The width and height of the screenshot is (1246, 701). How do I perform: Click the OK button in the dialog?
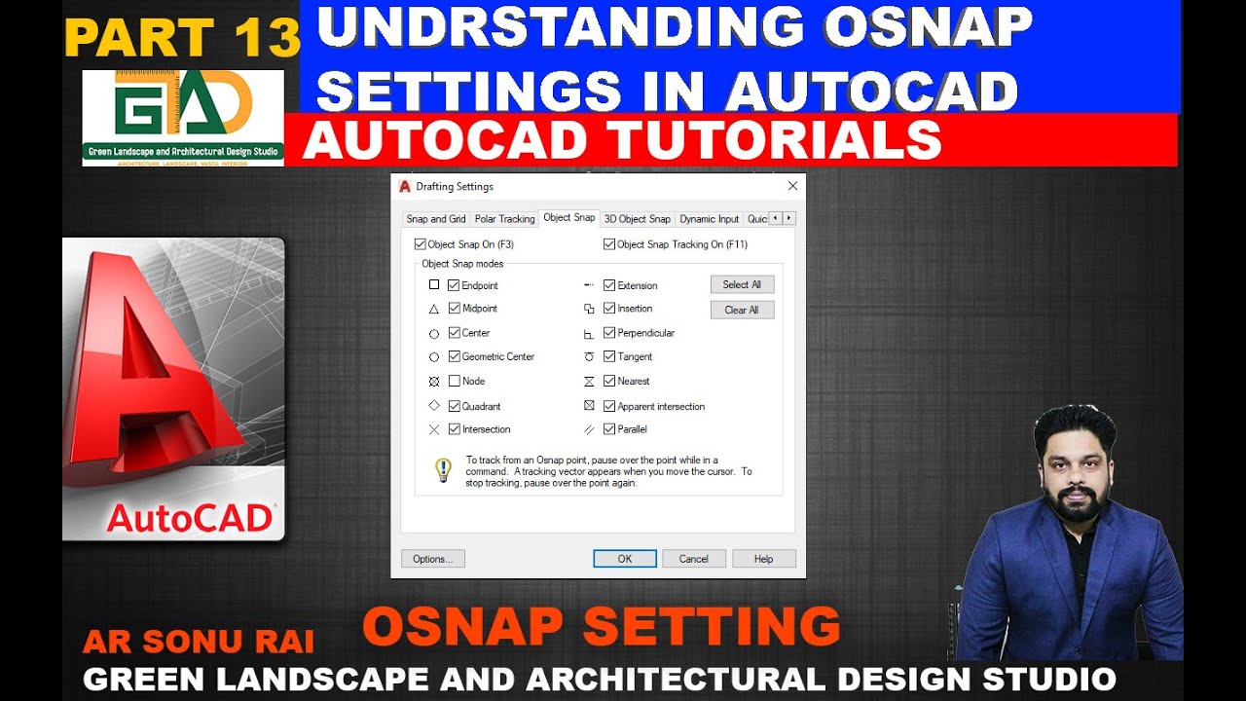(624, 559)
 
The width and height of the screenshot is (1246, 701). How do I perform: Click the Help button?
(763, 559)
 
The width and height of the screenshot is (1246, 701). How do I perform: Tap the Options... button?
(432, 559)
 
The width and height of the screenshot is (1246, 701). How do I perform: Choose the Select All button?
(742, 284)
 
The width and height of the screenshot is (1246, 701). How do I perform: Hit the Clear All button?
(742, 310)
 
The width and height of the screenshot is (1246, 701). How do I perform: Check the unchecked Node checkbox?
(454, 381)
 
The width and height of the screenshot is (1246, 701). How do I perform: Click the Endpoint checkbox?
(454, 285)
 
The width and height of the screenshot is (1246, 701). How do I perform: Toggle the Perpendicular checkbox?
(609, 333)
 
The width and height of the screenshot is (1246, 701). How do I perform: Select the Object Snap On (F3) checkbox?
(421, 244)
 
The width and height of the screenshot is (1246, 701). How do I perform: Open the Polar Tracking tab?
(504, 219)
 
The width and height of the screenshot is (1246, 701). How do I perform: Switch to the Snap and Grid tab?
(435, 219)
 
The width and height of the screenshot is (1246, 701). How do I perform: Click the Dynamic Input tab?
(709, 219)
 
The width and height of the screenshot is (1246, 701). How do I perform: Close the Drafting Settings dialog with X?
(792, 186)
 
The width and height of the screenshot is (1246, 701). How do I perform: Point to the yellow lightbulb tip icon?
(443, 470)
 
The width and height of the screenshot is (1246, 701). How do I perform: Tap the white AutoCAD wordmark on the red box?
(190, 518)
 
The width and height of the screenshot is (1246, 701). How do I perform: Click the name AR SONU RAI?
(199, 643)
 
